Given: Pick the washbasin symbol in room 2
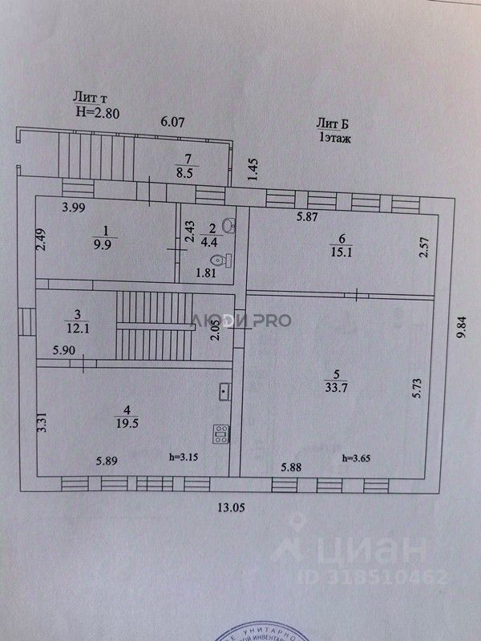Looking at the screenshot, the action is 229,225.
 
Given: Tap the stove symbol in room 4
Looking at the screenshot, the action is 220,434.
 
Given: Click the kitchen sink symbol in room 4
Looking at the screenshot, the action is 224,392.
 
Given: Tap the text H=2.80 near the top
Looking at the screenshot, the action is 98,113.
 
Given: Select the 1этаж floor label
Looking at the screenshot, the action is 337,138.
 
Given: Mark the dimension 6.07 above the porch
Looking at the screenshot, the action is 173,123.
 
